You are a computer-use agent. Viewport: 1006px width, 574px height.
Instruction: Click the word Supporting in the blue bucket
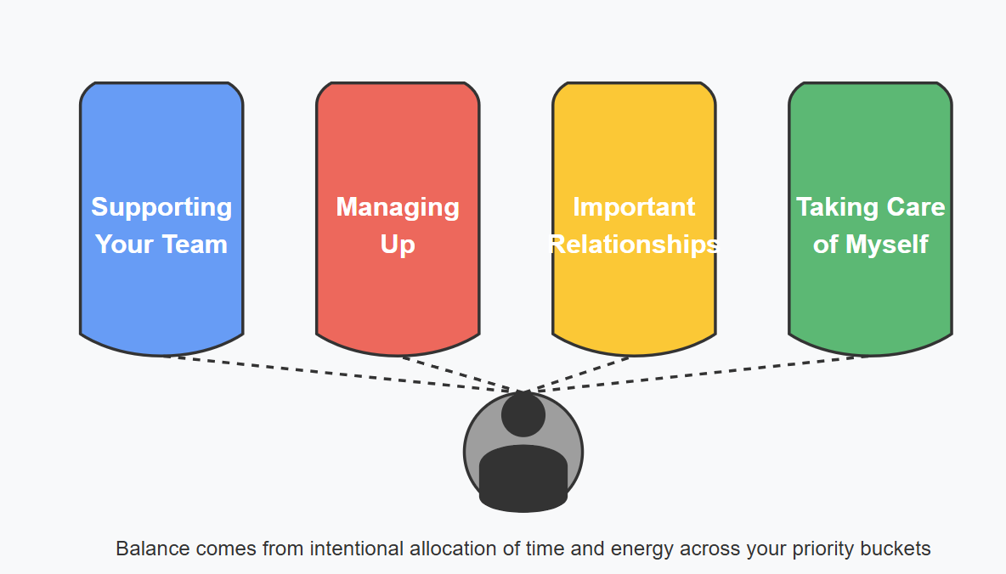pos(161,207)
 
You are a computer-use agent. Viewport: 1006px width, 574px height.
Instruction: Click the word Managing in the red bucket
pos(398,207)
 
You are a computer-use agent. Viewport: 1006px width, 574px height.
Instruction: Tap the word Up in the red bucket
pos(398,245)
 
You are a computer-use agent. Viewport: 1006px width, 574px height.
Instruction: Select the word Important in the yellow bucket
pos(634,207)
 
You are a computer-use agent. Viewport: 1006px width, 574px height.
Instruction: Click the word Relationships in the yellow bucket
pos(634,245)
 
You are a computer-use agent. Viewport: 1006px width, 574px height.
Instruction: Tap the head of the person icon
pos(523,415)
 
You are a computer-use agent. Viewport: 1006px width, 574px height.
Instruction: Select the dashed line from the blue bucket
pos(340,374)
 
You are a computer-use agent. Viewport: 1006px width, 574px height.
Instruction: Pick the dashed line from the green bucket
pos(705,374)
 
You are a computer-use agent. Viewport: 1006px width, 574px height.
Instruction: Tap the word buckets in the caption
pos(896,549)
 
